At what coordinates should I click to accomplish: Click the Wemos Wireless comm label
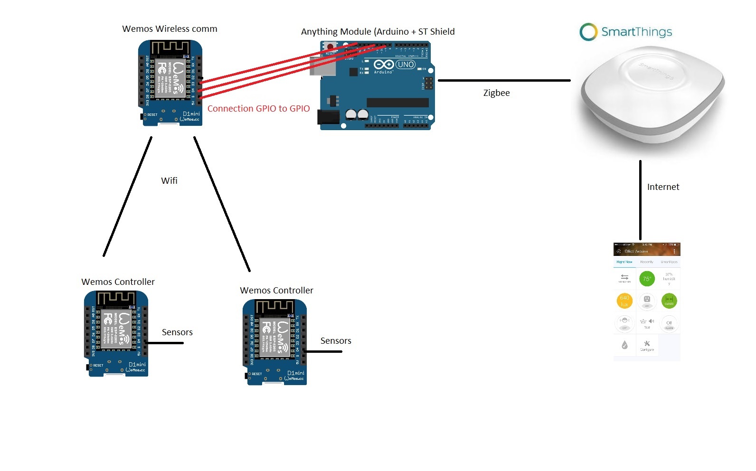(170, 29)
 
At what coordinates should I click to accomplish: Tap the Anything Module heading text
(378, 32)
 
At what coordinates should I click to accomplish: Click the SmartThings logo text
(636, 32)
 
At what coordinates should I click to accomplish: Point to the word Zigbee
(496, 93)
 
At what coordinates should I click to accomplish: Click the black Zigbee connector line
(503, 81)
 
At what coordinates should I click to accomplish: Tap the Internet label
(663, 187)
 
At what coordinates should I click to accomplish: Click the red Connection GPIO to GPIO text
(258, 109)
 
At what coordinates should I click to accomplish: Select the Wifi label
(169, 181)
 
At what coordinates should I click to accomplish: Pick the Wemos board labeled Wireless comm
(170, 83)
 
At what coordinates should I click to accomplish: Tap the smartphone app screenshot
(647, 302)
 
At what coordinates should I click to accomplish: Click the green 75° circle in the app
(647, 279)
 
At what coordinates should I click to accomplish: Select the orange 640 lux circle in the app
(624, 301)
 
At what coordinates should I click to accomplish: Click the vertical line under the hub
(640, 199)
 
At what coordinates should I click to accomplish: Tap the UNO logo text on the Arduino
(406, 65)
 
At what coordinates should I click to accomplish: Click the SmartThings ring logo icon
(588, 32)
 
